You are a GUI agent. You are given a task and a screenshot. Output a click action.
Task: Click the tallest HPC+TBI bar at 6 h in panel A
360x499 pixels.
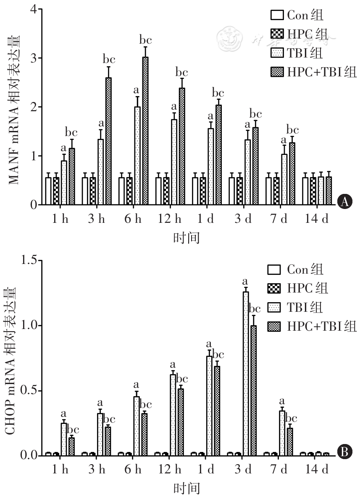(x=145, y=131)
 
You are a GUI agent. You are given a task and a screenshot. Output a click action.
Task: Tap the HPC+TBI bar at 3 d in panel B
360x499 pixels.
(x=253, y=390)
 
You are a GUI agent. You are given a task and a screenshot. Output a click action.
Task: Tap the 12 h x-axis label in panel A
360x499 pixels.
(x=171, y=219)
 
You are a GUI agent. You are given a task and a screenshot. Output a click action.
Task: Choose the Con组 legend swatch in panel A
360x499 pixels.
(x=277, y=16)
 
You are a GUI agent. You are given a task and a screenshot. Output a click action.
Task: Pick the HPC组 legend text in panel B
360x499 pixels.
(x=307, y=288)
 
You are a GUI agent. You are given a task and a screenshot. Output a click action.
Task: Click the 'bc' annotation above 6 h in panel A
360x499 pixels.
(x=145, y=40)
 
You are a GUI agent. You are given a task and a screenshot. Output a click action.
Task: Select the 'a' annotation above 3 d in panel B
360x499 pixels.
(x=245, y=281)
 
